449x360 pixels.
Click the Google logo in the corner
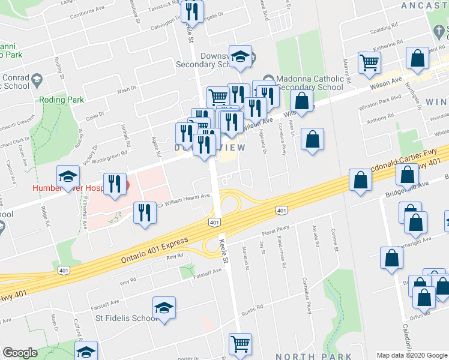(x=20, y=353)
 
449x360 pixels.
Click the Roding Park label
(x=62, y=100)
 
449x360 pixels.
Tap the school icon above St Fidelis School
(x=164, y=308)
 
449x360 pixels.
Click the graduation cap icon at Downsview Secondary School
(x=241, y=58)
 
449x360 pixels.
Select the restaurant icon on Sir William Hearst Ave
(x=144, y=213)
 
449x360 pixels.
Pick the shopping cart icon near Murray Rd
(x=369, y=62)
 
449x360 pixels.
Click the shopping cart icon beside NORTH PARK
(x=240, y=344)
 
